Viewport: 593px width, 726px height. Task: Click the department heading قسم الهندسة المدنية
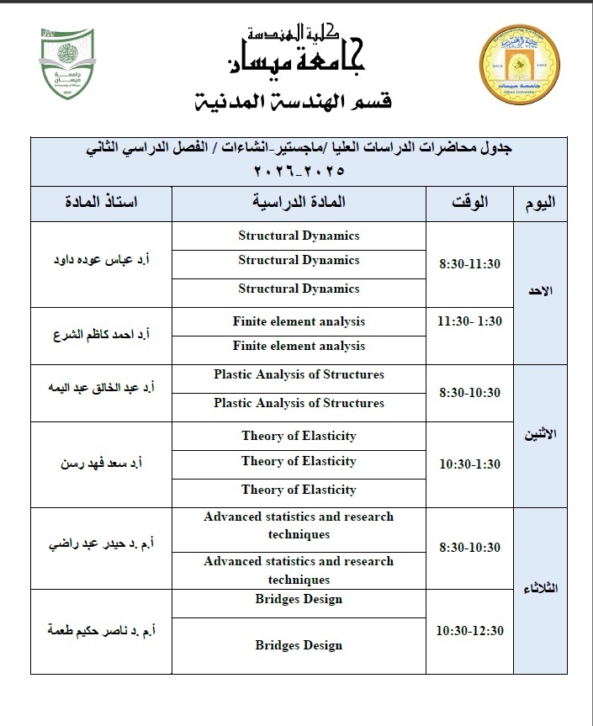[293, 103]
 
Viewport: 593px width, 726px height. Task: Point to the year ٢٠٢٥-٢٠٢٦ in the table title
[299, 171]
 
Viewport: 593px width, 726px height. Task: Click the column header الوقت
[470, 203]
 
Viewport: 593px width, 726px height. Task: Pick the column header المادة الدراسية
[299, 203]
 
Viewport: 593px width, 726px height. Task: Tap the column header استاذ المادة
[102, 203]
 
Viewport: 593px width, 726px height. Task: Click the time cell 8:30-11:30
[470, 264]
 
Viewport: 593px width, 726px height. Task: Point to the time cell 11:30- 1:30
[470, 322]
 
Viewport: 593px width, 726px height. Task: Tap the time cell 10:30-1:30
[470, 464]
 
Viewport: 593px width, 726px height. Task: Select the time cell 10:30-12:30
[470, 631]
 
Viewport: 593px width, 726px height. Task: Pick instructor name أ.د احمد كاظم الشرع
[102, 334]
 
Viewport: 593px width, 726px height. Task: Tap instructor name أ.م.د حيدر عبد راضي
[102, 546]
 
